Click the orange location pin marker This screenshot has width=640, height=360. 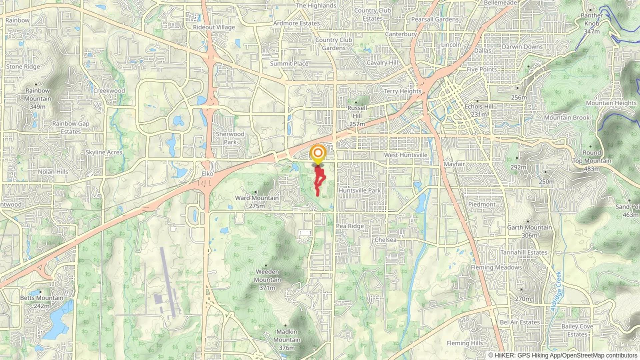pyautogui.click(x=318, y=154)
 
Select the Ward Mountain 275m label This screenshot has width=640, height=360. pyautogui.click(x=257, y=202)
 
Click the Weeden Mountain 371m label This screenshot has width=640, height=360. pyautogui.click(x=267, y=280)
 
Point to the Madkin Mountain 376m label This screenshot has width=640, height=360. pyautogui.click(x=287, y=340)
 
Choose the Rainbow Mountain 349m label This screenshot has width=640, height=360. pyautogui.click(x=38, y=99)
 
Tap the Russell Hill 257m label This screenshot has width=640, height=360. pyautogui.click(x=357, y=116)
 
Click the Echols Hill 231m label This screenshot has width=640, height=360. pyautogui.click(x=479, y=110)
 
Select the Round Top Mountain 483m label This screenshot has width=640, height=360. pyautogui.click(x=592, y=161)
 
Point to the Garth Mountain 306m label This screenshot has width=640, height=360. pyautogui.click(x=529, y=231)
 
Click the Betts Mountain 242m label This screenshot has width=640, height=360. pyautogui.click(x=42, y=301)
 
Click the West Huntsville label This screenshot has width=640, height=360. pyautogui.click(x=405, y=155)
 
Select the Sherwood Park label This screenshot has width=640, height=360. pyautogui.click(x=230, y=138)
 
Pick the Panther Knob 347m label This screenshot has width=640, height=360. pyautogui.click(x=592, y=23)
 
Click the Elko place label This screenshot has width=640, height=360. pyautogui.click(x=207, y=174)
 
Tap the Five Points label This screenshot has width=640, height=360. pyautogui.click(x=481, y=69)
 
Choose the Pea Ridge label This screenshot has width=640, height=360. pyautogui.click(x=350, y=226)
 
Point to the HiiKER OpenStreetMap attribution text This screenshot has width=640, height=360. pyautogui.click(x=563, y=355)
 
